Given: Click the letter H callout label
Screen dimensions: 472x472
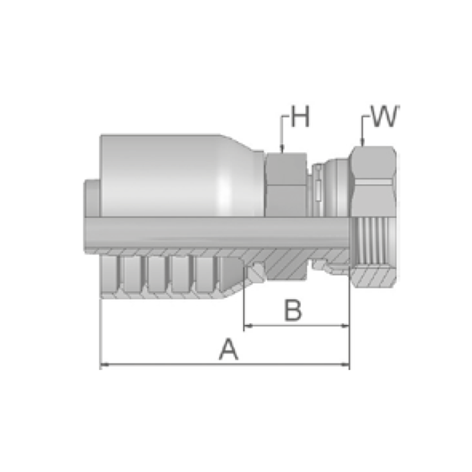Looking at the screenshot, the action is [300, 117].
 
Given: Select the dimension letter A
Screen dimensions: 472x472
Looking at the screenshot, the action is [229, 349].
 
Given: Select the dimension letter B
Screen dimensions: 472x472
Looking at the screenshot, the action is [293, 311].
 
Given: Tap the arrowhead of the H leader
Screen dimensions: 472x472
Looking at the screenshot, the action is [282, 149].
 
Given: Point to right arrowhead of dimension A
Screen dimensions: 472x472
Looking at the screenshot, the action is [346, 365].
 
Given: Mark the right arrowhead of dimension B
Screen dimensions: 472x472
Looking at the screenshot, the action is [346, 325].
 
